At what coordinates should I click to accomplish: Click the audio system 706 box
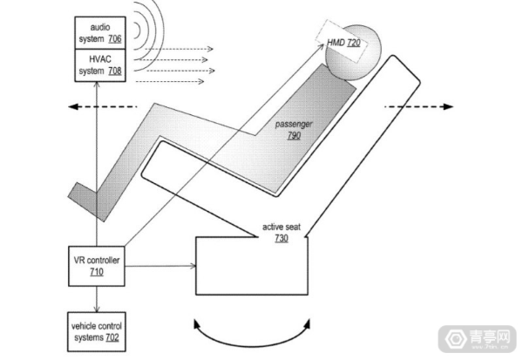click(x=100, y=33)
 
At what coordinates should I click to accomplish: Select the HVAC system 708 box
click(x=100, y=65)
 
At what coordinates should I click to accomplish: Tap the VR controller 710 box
click(x=97, y=266)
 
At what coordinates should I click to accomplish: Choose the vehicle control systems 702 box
click(x=97, y=331)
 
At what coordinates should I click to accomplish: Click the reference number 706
click(x=115, y=39)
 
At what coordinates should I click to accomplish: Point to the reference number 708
click(x=115, y=71)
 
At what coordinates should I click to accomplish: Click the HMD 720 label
click(x=343, y=43)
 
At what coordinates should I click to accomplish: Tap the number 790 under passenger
click(x=294, y=136)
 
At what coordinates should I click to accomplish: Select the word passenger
click(x=294, y=125)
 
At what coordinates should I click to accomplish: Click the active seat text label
click(x=282, y=227)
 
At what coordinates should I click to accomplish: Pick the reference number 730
click(x=282, y=238)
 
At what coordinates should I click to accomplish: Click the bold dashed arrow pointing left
click(x=102, y=106)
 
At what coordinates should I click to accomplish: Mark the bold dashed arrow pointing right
click(x=419, y=106)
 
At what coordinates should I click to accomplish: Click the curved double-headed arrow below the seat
click(x=252, y=345)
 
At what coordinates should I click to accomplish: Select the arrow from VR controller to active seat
click(x=160, y=266)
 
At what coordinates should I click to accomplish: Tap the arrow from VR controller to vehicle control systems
click(x=97, y=299)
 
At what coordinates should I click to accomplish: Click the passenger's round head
click(x=353, y=52)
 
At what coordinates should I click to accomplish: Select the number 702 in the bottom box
click(x=112, y=337)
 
